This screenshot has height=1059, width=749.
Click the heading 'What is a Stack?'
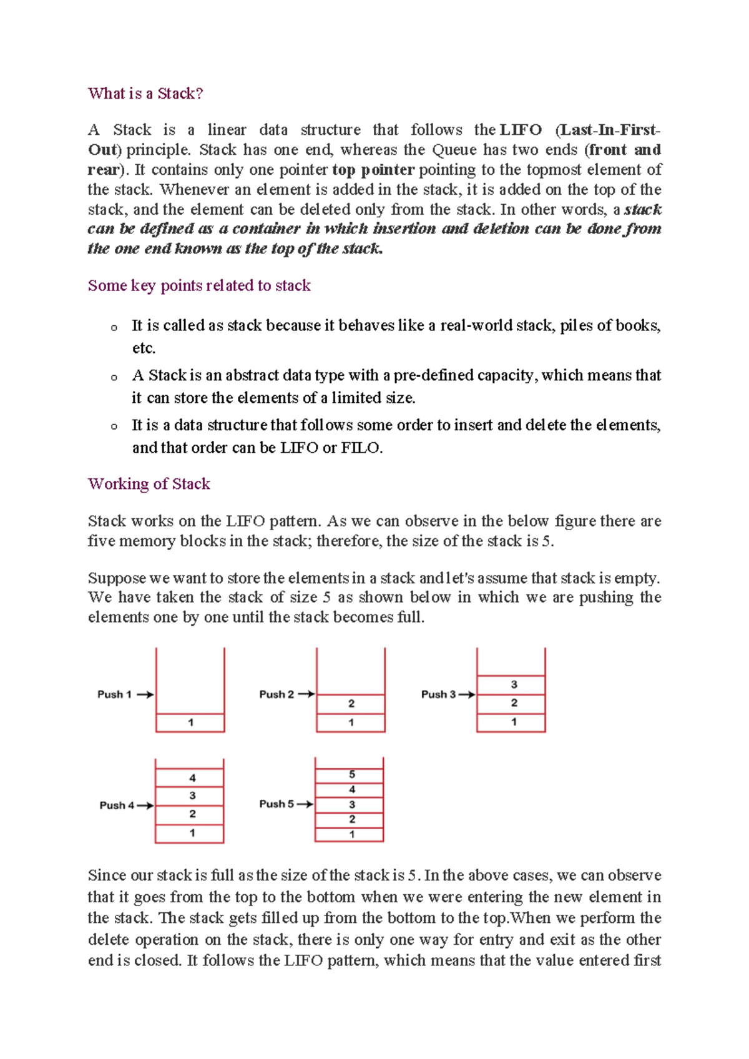click(145, 94)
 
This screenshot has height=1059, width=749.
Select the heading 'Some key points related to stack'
click(199, 285)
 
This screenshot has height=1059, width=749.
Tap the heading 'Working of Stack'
click(149, 484)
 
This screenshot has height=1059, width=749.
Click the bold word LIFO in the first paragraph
click(521, 130)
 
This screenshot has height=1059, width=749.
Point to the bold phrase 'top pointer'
click(373, 170)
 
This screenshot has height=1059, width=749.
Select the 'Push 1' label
click(114, 694)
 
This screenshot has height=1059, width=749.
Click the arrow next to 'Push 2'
click(306, 694)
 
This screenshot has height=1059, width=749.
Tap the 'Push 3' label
click(438, 694)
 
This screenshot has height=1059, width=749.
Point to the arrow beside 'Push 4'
click(145, 805)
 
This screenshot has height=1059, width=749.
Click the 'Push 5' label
click(277, 804)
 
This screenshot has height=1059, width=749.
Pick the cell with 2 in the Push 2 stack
click(351, 704)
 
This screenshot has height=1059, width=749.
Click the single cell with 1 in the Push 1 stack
click(190, 722)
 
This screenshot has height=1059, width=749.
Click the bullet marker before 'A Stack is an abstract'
click(114, 377)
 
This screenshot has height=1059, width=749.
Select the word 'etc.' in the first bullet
click(144, 348)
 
